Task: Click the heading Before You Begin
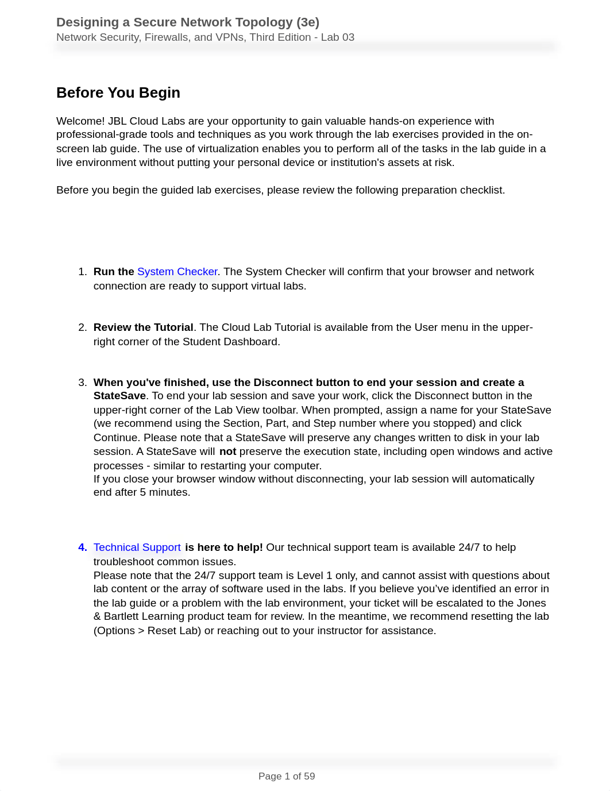coord(118,92)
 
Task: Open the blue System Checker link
coord(177,272)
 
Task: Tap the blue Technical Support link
coord(137,547)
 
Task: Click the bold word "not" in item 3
coord(227,452)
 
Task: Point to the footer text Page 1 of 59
coord(287,776)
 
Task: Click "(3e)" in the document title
coord(308,22)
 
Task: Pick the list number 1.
coord(82,272)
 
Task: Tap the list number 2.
coord(82,327)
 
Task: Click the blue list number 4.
coord(82,547)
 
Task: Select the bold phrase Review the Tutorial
coord(143,327)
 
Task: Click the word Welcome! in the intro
coord(80,121)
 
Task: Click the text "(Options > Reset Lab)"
coord(148,631)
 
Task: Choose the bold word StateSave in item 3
coord(119,396)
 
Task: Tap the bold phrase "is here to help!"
coord(223,547)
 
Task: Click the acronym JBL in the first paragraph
coord(117,121)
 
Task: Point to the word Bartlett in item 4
coord(121,616)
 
